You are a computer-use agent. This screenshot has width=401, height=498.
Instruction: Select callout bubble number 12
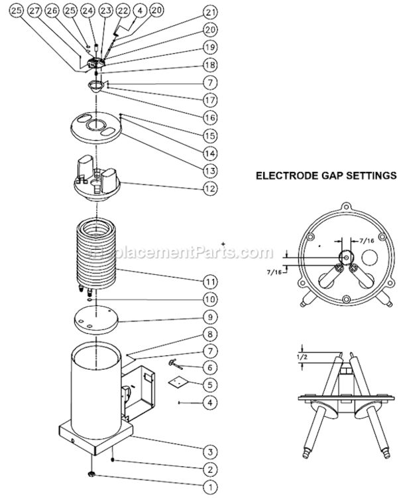[209, 188]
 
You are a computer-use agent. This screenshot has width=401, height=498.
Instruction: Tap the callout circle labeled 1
[209, 487]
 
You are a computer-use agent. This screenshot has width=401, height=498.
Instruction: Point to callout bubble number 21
[209, 13]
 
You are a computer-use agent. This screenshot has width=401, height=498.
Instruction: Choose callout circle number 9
[209, 317]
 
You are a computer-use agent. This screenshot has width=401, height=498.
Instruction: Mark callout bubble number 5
[209, 384]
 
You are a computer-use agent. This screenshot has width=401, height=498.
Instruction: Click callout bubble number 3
[209, 452]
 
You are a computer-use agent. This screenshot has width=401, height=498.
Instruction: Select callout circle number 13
[209, 171]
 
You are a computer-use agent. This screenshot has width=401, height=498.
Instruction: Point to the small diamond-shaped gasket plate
[175, 381]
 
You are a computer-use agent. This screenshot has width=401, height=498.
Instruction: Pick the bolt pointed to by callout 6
[173, 363]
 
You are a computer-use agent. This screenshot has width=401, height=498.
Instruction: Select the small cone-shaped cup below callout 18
[96, 86]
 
